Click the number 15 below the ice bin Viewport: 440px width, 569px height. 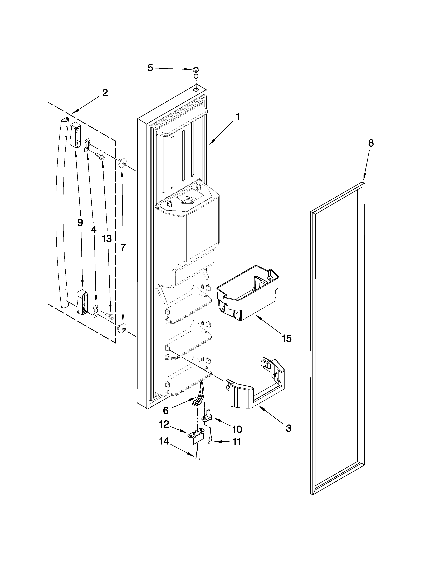[286, 339]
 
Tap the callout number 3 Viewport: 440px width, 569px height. [288, 429]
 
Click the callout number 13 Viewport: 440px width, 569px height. [107, 239]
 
